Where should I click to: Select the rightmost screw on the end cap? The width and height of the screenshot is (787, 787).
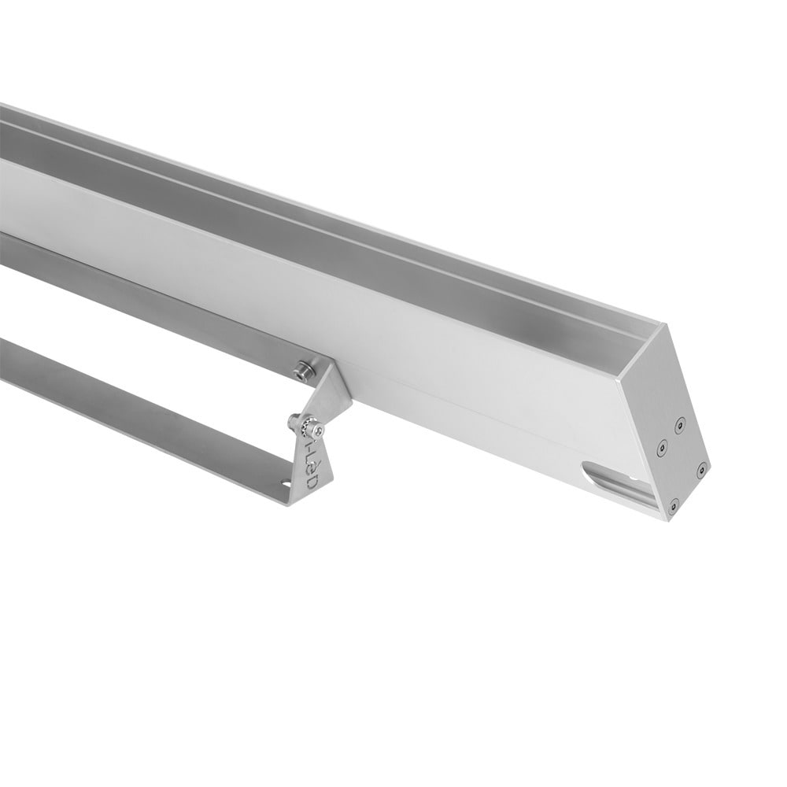(700, 470)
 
